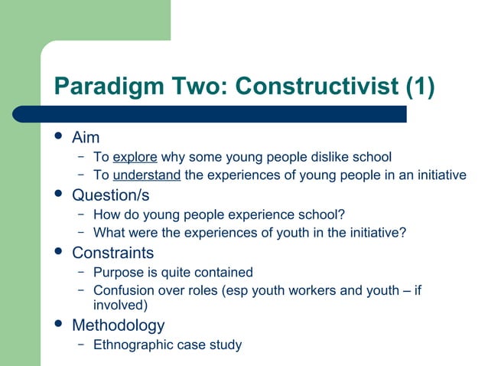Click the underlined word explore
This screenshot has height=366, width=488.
pyautogui.click(x=135, y=157)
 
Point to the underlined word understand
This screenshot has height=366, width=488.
pyautogui.click(x=146, y=175)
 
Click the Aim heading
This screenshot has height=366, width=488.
pyautogui.click(x=86, y=138)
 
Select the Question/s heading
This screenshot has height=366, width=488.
pyautogui.click(x=110, y=195)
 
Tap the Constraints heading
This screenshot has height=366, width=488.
pyautogui.click(x=112, y=253)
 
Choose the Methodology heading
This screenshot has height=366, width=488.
pyautogui.click(x=118, y=325)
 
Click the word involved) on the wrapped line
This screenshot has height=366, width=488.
pyautogui.click(x=119, y=305)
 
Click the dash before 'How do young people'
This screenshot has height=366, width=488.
pyautogui.click(x=80, y=214)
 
